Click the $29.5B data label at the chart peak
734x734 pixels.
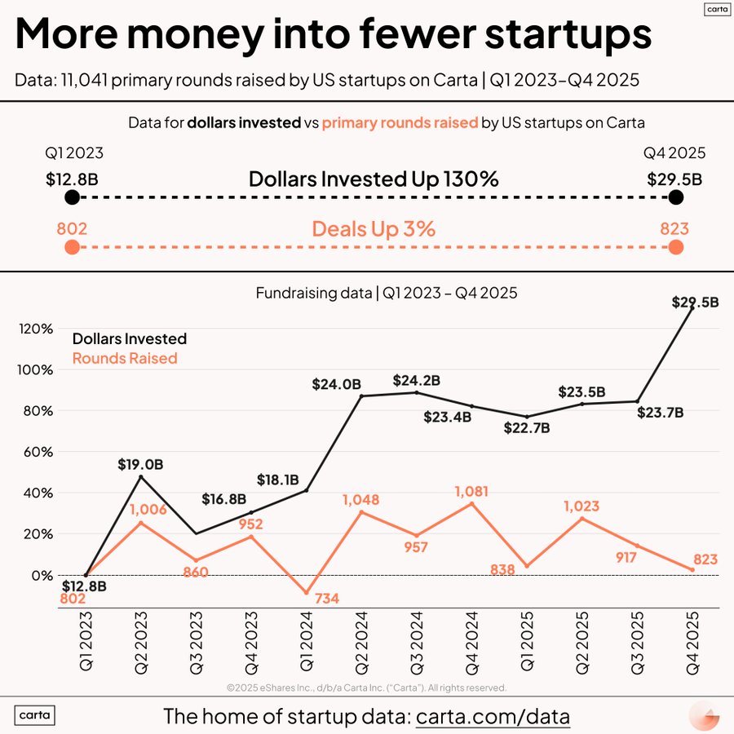[695, 302]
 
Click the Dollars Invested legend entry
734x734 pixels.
[129, 338]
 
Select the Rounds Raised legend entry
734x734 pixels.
[125, 358]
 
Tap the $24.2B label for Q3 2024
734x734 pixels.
[417, 380]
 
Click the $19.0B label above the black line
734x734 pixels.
[139, 465]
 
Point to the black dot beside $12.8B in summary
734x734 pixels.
[72, 198]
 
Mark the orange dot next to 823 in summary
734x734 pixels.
[675, 248]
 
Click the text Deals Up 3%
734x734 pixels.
[374, 229]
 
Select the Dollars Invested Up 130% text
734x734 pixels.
[374, 179]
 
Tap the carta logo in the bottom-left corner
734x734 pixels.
[35, 716]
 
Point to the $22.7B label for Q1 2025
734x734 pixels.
[527, 427]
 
